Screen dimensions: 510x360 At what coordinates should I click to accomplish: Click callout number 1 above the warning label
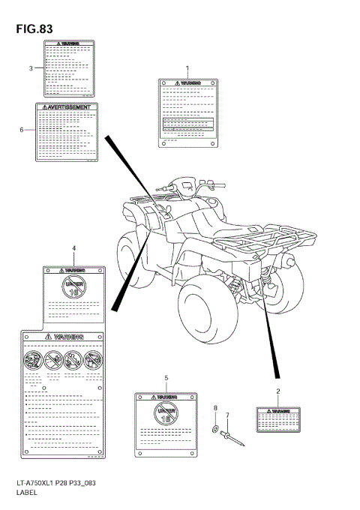[x=187, y=68]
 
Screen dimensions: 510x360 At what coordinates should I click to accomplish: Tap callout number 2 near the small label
[x=278, y=391]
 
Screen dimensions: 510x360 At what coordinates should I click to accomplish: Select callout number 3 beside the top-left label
[x=31, y=68]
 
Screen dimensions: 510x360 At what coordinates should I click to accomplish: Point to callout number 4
[x=73, y=247]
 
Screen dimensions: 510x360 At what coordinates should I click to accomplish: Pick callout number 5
[x=166, y=378]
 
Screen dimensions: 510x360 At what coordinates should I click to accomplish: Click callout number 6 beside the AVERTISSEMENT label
[x=22, y=130]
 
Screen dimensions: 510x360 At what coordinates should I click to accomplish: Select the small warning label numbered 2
[x=278, y=419]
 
